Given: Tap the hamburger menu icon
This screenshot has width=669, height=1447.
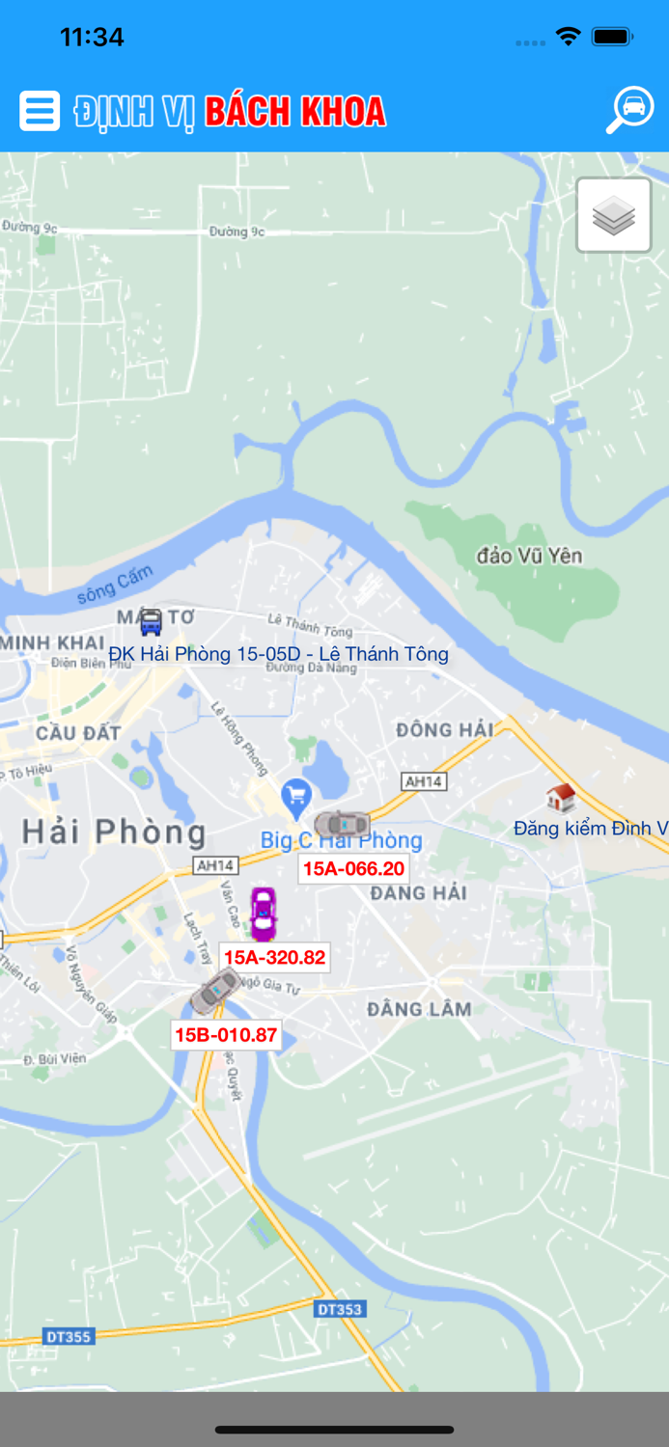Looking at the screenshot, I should coord(40,111).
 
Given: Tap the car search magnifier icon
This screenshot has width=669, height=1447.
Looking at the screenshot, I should coord(630,109).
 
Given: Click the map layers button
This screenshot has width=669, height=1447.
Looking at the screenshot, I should coord(614,215).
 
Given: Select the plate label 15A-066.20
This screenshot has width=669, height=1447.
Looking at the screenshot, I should coord(353,869).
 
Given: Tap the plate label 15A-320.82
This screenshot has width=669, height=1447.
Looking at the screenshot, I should coord(274,958).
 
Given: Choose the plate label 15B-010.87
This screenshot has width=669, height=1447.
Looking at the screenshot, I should coord(226,1036).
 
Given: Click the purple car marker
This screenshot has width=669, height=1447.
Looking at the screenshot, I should coord(263,913).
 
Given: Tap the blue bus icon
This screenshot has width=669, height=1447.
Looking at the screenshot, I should coord(151,622).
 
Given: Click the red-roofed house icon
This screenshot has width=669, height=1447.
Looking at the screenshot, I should coord(560,798).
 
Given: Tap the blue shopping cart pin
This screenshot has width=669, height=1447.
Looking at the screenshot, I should coord(295,797).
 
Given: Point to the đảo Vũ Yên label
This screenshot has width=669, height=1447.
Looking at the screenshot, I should coord(529,556).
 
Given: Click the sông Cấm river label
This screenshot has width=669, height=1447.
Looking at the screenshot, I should coord(115,586).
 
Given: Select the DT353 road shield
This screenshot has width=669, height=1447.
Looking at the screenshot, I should coord(339,1309).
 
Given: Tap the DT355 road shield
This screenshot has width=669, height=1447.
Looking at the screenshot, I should coord(69,1337).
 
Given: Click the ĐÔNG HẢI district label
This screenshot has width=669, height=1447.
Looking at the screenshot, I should coord(444,730).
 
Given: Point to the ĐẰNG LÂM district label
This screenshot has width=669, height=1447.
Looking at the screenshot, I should coord(419,1010).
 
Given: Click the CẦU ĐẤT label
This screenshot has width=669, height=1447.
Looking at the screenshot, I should coord(78,733).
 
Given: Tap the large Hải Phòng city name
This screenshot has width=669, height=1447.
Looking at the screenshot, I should coord(114,833).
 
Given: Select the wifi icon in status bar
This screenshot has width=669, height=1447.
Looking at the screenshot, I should coord(568,37).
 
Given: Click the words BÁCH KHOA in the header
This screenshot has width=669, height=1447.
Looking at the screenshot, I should coord(295,112).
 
